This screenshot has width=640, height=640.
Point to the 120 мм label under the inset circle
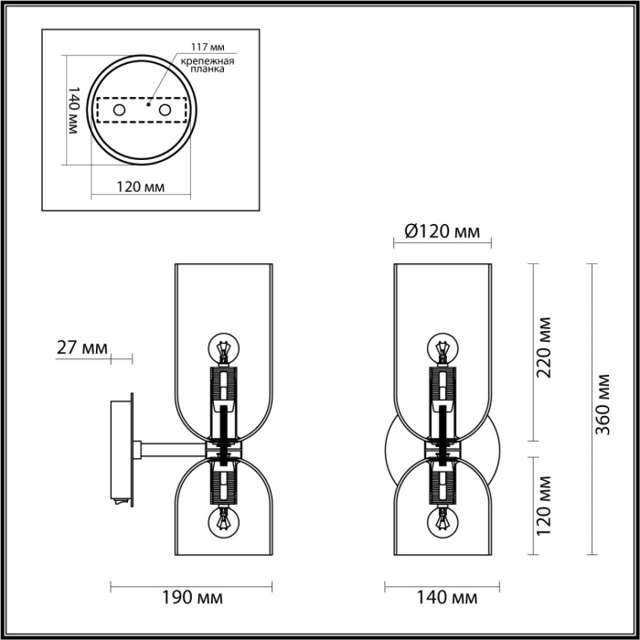142,187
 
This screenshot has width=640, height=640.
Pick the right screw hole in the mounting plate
165,111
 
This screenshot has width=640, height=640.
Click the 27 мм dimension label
81,348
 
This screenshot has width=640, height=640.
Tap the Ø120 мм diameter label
442,232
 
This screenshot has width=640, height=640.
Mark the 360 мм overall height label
604,405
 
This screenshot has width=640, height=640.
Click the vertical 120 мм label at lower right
545,505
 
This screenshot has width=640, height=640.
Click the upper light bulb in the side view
223,349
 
